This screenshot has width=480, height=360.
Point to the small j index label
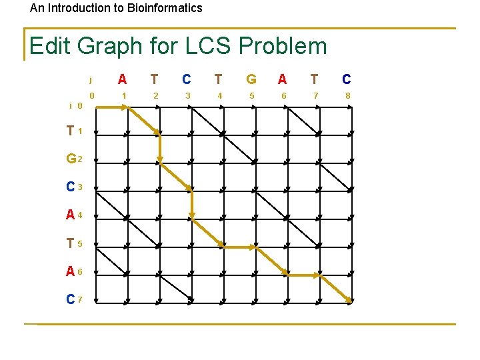[91, 80]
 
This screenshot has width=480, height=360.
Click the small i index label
[71, 105]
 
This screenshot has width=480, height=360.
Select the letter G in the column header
[251, 79]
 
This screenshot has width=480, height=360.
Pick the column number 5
[251, 96]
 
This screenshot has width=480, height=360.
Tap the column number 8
[347, 96]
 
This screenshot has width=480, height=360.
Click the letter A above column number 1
[123, 79]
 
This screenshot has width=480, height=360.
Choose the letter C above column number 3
[187, 79]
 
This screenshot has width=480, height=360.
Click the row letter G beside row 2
[70, 159]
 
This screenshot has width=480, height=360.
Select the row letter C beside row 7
[70, 299]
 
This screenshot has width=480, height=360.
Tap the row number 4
[80, 216]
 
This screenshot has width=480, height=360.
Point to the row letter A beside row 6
[70, 271]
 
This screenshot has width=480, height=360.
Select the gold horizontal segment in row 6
[304, 275]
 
